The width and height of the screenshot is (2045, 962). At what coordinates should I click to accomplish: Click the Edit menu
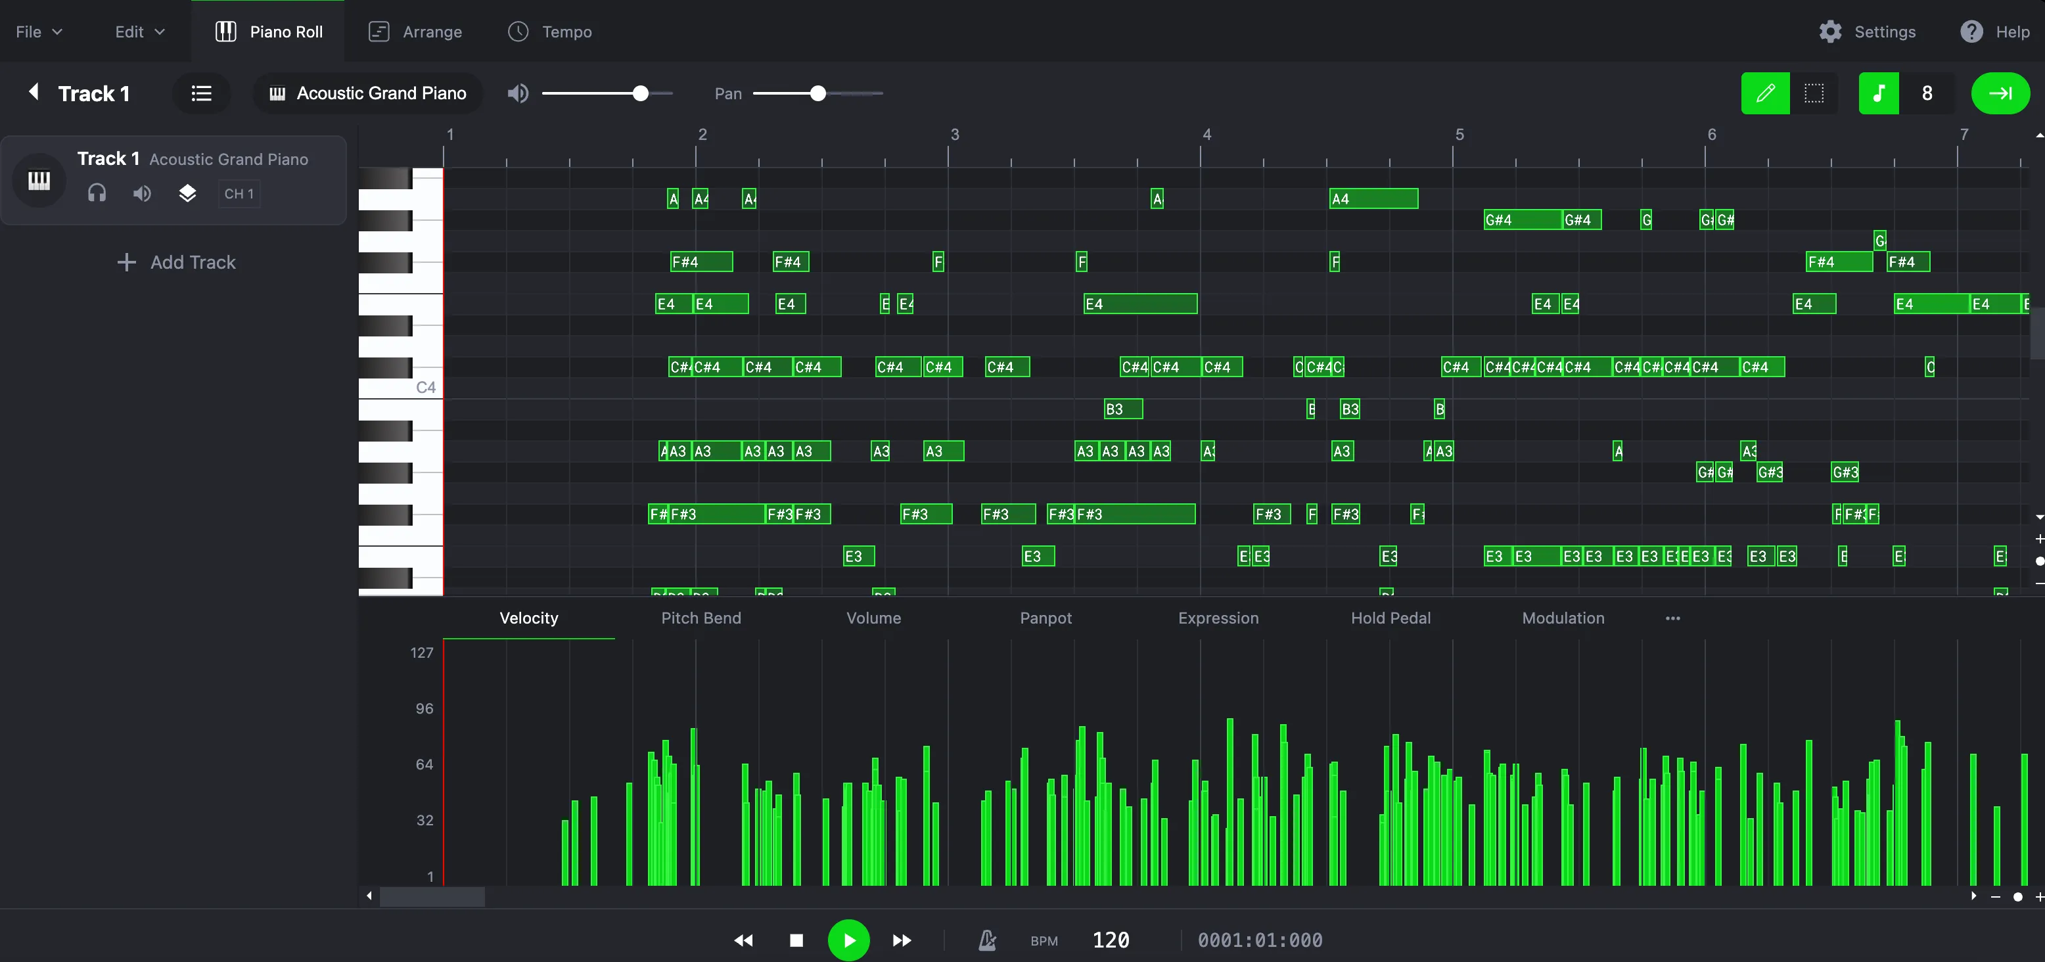[139, 32]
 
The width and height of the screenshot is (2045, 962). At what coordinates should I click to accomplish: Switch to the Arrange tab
[415, 32]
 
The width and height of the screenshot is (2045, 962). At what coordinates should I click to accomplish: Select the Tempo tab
[549, 32]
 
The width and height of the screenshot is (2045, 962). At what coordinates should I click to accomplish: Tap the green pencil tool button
[1765, 94]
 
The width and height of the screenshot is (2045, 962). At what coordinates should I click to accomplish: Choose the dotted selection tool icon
[1814, 94]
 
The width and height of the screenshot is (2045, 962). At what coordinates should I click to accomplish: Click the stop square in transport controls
[796, 940]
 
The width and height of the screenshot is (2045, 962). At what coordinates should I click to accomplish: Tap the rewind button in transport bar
[743, 940]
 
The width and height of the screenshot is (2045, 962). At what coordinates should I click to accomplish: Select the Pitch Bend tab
[701, 618]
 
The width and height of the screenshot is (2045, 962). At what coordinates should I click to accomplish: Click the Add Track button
[176, 263]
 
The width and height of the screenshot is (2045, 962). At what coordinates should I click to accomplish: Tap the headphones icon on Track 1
[97, 194]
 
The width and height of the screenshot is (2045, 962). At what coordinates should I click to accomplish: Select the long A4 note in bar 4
[1373, 198]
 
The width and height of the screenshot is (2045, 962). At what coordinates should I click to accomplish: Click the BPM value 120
[1111, 940]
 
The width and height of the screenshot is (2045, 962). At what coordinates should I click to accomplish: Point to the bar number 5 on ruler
[1459, 135]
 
